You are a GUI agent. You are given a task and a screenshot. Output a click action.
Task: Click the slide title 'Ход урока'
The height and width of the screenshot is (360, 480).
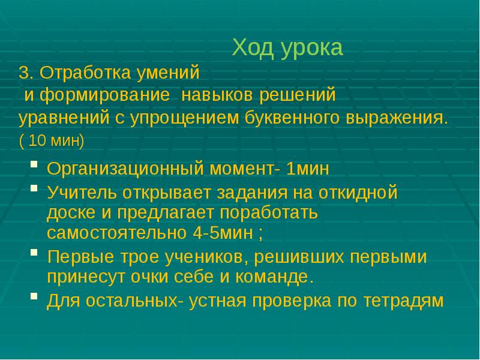[287, 48]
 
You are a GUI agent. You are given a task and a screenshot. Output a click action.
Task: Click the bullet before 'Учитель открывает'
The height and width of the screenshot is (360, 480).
[35, 188]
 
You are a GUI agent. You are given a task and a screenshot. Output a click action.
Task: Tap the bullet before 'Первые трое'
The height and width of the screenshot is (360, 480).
[35, 253]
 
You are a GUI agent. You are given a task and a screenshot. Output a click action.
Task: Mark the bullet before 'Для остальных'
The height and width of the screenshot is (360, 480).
[35, 296]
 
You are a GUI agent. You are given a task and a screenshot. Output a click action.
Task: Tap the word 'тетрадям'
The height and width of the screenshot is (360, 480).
[403, 301]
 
